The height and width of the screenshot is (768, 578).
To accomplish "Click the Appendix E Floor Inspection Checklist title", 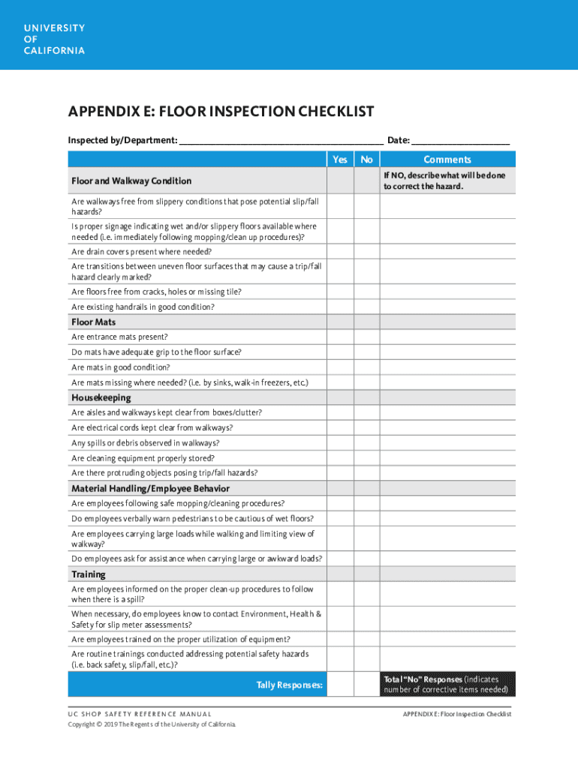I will tap(221, 112).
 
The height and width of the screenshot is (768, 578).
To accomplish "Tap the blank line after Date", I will tap(460, 140).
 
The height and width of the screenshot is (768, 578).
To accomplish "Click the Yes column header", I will tap(340, 159).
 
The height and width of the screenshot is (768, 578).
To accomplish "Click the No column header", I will tap(366, 159).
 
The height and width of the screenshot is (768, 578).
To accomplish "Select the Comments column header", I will tap(447, 159).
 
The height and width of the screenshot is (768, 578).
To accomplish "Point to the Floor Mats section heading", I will tap(94, 322).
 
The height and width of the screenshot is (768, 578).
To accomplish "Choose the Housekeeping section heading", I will tap(101, 397).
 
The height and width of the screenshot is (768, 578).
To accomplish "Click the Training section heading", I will tap(89, 574).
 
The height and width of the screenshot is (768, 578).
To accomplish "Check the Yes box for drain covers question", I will tap(340, 251).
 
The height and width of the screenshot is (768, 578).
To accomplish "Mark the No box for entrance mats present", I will tap(366, 337).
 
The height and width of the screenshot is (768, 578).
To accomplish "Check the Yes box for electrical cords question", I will tap(340, 427).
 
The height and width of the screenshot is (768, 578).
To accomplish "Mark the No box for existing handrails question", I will tap(366, 307).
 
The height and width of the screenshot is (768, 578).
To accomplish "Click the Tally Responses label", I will tap(290, 684).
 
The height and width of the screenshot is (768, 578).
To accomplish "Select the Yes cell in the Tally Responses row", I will tap(340, 684).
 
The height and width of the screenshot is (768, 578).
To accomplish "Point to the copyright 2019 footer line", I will tap(152, 724).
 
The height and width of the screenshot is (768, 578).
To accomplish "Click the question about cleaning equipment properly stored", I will tap(143, 457).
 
